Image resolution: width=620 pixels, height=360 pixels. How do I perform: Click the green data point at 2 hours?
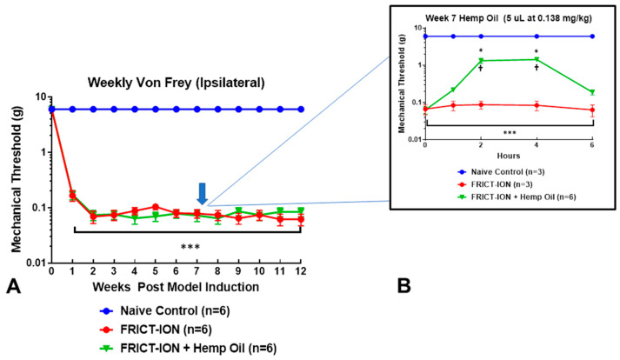[x=481, y=61]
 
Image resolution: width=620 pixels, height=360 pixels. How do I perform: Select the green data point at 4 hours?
[x=537, y=59]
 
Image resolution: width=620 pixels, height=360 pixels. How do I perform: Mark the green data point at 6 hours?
[x=592, y=92]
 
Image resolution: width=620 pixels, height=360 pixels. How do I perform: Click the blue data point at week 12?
[x=301, y=109]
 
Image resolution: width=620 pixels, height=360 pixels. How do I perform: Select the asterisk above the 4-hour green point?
[x=537, y=50]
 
